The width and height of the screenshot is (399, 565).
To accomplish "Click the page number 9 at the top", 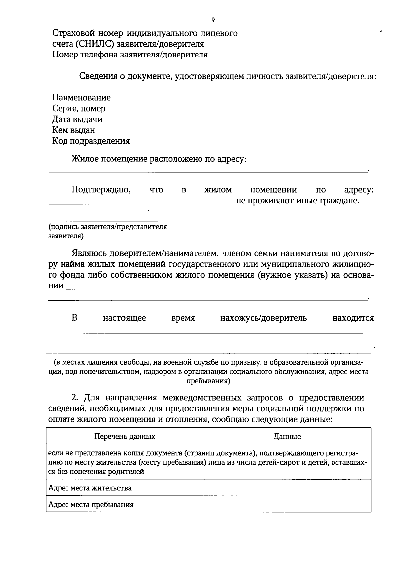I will [213, 20].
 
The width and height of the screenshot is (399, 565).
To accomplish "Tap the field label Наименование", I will [81, 98].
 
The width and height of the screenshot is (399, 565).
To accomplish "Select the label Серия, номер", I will [79, 109].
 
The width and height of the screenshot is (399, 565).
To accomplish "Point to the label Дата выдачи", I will [77, 119].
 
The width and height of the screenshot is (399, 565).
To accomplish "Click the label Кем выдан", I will [73, 130].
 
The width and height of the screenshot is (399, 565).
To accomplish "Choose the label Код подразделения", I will [91, 141].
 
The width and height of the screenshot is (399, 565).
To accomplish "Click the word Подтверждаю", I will [101, 190].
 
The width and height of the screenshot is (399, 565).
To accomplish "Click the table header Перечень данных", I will [125, 436].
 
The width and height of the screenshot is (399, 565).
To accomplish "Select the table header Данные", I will [287, 436].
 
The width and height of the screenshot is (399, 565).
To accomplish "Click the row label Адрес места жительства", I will [90, 488].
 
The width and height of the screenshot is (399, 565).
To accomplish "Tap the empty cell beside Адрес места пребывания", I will [287, 504].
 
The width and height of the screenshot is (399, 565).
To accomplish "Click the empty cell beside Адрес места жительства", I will [287, 488].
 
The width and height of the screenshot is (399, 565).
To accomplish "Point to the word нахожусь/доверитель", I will [263, 318].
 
